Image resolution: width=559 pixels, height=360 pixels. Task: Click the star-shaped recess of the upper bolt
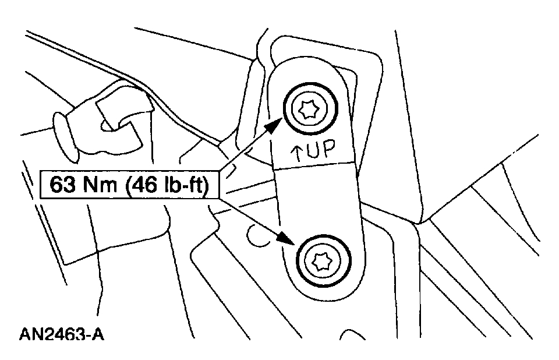308,109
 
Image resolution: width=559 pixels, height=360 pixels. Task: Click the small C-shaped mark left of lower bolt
254,234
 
